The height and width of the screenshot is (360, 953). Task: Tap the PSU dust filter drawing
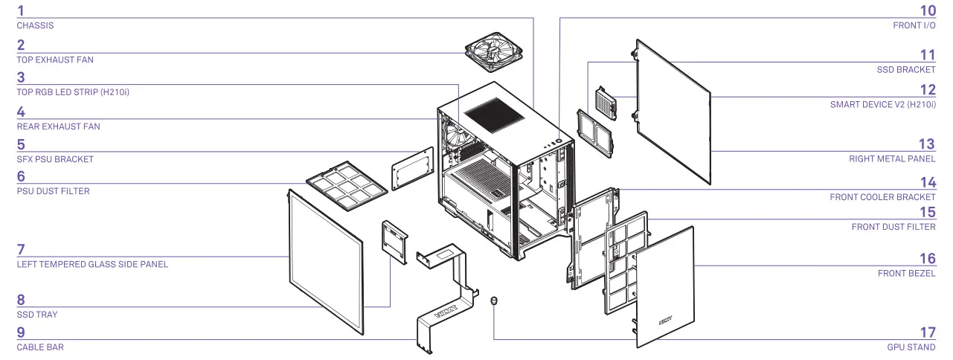click(x=347, y=182)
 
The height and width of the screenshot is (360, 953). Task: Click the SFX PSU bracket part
click(x=412, y=168)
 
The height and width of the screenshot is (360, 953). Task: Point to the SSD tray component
click(x=394, y=242)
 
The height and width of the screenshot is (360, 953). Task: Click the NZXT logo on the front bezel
click(x=666, y=323)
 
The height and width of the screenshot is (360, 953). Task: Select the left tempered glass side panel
click(x=325, y=260)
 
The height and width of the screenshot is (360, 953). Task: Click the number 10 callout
click(x=927, y=10)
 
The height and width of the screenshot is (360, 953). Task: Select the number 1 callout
click(x=21, y=10)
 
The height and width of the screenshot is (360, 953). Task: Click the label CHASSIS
click(x=35, y=25)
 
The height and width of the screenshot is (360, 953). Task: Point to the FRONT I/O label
click(x=914, y=25)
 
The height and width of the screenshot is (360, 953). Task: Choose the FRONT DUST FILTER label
click(x=893, y=227)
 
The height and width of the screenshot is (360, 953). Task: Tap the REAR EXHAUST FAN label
click(x=58, y=126)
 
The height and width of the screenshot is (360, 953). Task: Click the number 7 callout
click(x=21, y=249)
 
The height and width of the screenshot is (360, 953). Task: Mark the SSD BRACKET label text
click(x=906, y=69)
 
